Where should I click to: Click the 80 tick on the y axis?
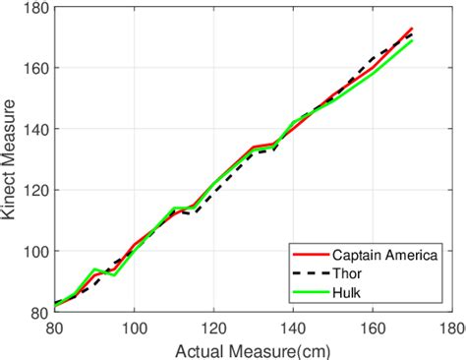click(40, 313)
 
